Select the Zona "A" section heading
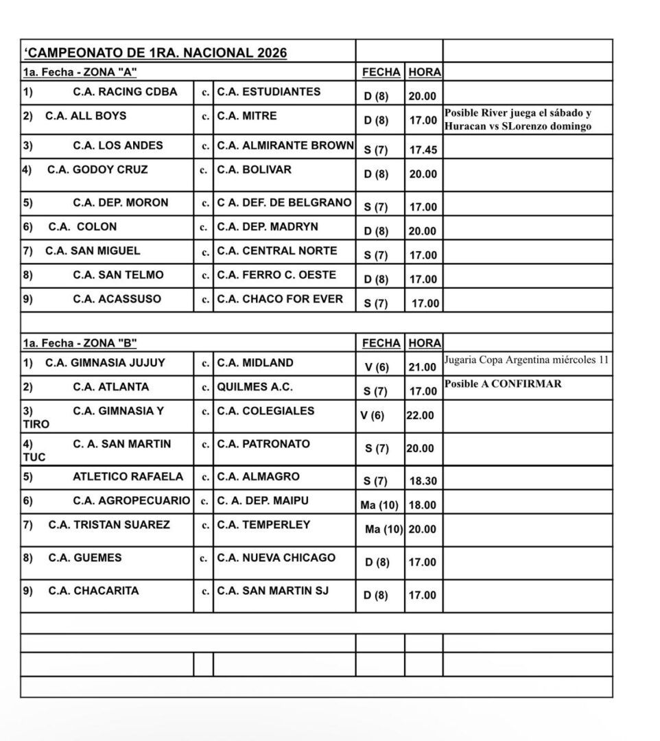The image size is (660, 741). click(84, 71)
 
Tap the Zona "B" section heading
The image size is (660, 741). click(84, 342)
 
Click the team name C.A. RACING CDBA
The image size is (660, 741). click(125, 91)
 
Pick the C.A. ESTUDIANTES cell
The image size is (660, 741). click(268, 91)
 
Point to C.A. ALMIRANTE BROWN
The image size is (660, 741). click(285, 145)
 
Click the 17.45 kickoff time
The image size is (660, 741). click(423, 150)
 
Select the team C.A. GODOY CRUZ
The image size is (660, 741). click(97, 169)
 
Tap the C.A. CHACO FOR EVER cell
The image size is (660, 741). click(280, 298)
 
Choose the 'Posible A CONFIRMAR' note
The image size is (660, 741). click(502, 384)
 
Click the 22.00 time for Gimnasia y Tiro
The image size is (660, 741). click(420, 416)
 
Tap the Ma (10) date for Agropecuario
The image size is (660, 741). click(379, 506)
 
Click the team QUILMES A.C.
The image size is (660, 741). click(255, 387)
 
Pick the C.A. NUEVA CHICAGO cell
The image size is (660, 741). click(276, 558)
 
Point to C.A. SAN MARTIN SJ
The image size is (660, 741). click(273, 591)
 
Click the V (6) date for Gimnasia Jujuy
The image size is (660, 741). click(377, 368)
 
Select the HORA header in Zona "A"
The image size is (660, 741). click(424, 72)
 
